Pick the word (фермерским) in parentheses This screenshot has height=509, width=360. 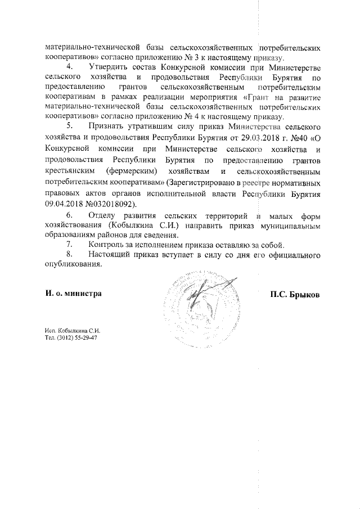click(139, 170)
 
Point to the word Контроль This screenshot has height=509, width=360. click(108, 245)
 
